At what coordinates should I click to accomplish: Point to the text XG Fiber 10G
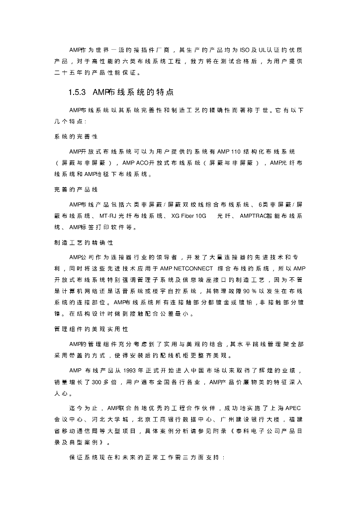click(x=188, y=216)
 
